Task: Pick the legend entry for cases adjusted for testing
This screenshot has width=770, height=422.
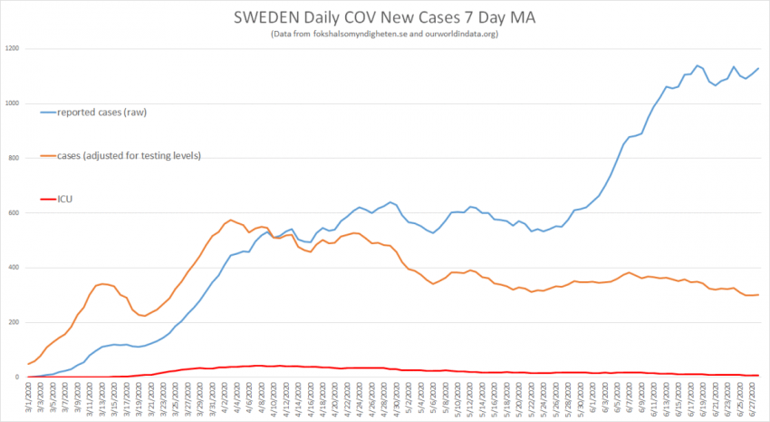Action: (128, 155)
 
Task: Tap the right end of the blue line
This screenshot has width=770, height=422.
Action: (758, 68)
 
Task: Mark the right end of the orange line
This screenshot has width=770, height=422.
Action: (758, 294)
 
